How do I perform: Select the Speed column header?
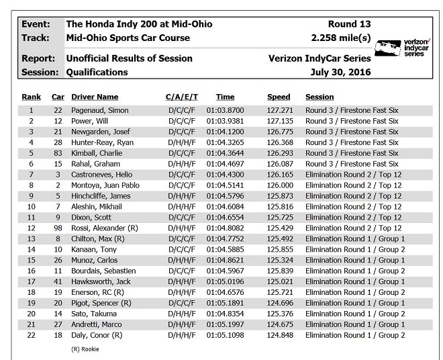coord(279,97)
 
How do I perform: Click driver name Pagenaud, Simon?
coord(100,110)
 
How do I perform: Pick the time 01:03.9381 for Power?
coord(226,121)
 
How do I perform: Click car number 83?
coord(58,153)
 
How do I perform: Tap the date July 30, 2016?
coord(338,72)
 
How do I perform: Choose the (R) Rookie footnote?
coord(85,349)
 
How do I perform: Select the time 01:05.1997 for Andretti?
coord(226,324)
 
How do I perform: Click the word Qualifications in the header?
coord(97,72)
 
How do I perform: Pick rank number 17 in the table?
coord(31,281)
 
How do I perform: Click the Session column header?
coord(319,97)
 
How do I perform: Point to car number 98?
coord(58,228)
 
